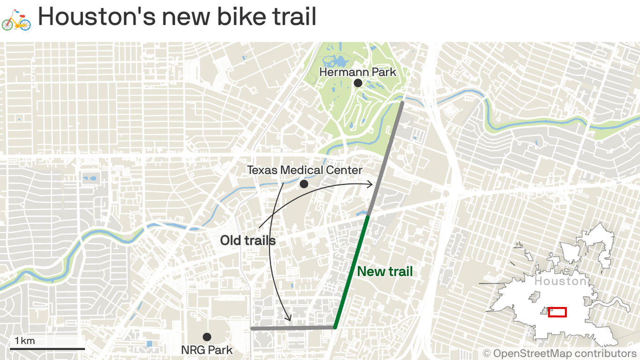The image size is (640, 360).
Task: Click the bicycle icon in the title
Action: coord(16,18)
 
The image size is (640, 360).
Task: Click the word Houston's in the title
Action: coord(96,17)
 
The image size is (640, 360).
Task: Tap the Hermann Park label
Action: coord(357,72)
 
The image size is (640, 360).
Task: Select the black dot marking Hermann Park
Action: coord(358,83)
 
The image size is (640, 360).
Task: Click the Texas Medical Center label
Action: coord(305,170)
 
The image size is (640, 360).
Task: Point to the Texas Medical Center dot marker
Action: coord(304,184)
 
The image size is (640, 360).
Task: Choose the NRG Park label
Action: coord(207,350)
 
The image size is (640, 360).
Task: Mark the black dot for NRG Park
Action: coord(207,337)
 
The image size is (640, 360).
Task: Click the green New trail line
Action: coord(351,272)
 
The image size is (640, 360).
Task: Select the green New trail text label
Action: coord(385,271)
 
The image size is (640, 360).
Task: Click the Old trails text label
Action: coord(248,240)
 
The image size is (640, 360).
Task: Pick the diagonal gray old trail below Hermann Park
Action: coord(386,159)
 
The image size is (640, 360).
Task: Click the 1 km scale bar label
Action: coord(25,340)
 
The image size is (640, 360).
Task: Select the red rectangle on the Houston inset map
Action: coord(557,312)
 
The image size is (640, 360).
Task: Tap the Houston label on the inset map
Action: coord(560,281)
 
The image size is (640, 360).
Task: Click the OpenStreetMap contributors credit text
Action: coord(559,353)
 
